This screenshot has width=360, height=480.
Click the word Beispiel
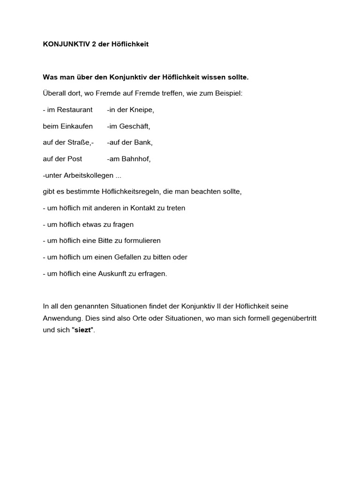click(228, 93)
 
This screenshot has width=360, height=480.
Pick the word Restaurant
click(75, 110)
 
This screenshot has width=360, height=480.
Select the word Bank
click(144, 142)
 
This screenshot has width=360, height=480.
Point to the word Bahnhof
click(136, 159)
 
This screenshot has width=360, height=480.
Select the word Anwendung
click(60, 318)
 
